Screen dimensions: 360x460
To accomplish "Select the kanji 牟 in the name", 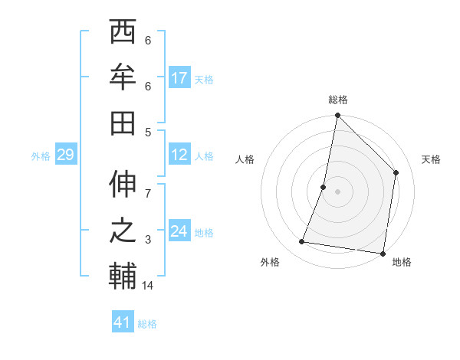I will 123,77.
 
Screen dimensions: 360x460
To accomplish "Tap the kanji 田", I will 123,123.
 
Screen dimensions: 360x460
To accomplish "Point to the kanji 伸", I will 123,187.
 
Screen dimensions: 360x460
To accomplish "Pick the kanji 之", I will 123,231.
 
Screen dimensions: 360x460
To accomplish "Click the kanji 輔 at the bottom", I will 123,277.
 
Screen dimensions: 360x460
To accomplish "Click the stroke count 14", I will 148,286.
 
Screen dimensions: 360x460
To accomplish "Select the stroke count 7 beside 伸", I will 148,186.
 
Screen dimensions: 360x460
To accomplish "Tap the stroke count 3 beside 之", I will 148,241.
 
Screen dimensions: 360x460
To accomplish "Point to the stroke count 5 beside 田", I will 148,132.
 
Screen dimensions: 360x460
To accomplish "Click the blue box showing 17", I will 179,78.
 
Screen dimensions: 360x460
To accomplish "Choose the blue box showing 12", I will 179,155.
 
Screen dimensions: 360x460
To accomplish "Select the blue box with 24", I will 179,231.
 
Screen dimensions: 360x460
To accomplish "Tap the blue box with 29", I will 65,155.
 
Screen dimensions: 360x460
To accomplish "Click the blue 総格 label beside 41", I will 147,324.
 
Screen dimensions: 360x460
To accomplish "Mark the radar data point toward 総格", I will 337,116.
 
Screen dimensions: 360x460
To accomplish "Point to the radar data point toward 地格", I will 382,253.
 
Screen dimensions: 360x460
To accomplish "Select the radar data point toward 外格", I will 302,242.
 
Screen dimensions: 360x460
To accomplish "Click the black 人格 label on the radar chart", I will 245,159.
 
